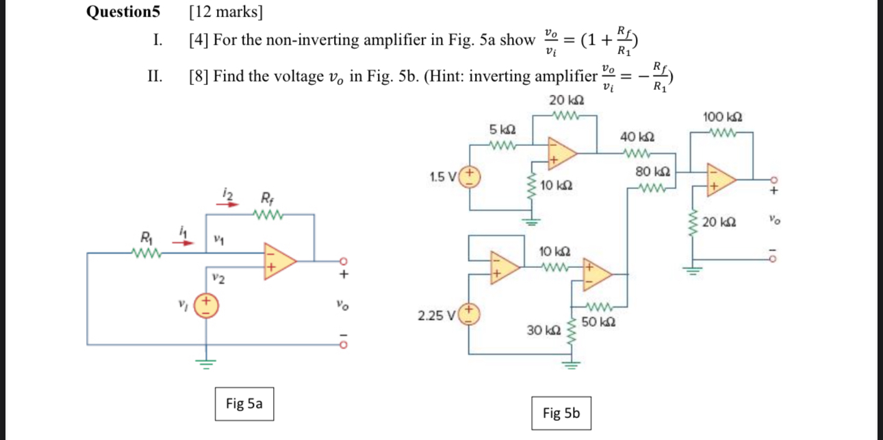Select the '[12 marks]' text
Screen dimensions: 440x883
(225, 12)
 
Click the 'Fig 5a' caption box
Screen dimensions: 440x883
(244, 404)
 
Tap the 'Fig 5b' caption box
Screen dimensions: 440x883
(561, 413)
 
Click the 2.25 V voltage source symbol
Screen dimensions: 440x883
(470, 315)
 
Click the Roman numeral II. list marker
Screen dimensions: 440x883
(155, 75)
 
